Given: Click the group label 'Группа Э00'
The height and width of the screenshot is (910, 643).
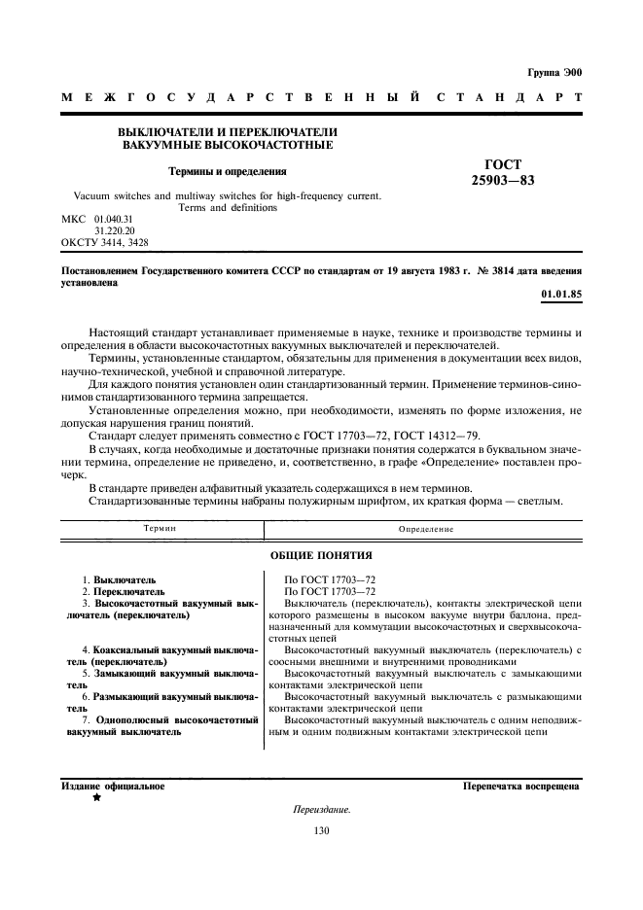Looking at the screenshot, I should pyautogui.click(x=554, y=73).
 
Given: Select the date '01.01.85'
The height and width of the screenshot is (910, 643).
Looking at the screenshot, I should pyautogui.click(x=561, y=294).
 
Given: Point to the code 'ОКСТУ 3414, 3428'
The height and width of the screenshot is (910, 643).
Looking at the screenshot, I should pyautogui.click(x=104, y=242).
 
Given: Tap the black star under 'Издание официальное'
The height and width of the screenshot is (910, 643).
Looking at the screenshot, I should pyautogui.click(x=96, y=798).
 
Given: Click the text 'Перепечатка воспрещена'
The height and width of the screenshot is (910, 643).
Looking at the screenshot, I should pyautogui.click(x=522, y=786).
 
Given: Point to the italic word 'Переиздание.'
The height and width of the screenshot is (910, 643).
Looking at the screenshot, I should pyautogui.click(x=321, y=810).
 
